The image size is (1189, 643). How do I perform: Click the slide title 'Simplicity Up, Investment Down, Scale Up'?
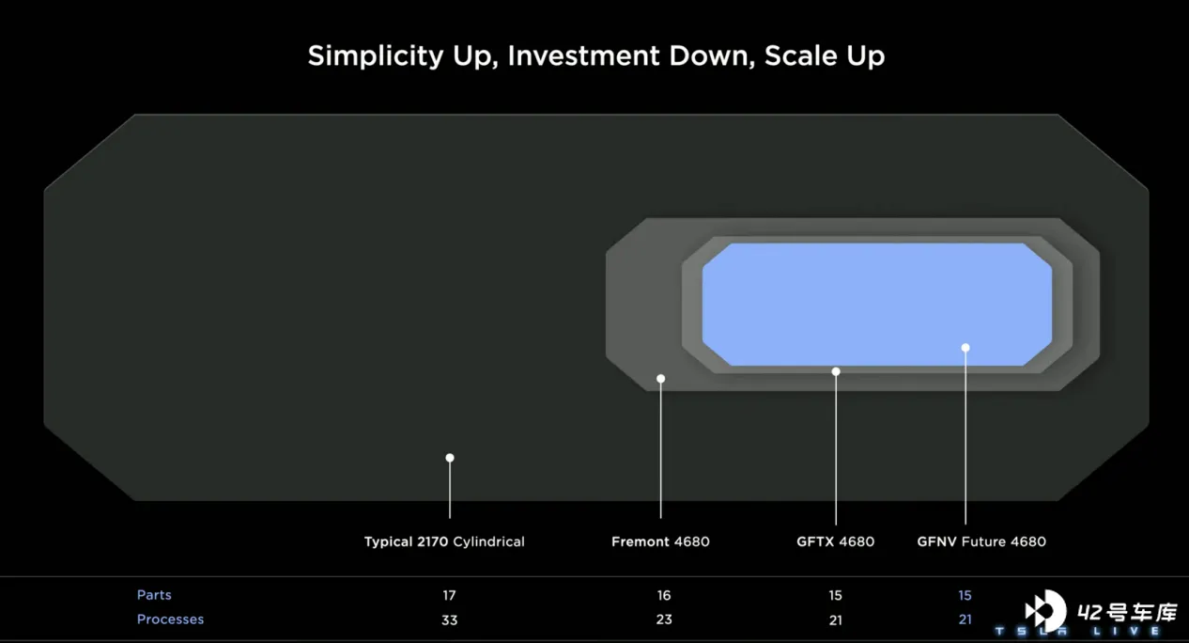pos(596,55)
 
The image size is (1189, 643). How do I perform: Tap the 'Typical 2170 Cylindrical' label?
pos(444,541)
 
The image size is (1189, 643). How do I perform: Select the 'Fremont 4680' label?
pos(660,541)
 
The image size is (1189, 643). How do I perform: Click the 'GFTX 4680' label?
pos(836,541)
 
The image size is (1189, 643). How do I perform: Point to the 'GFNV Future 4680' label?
pos(981,541)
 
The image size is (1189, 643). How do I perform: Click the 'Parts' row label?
pos(154,595)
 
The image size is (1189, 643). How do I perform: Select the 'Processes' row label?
pos(170,619)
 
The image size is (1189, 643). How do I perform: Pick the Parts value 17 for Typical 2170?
pos(449,595)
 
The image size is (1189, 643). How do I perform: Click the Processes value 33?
pos(450,620)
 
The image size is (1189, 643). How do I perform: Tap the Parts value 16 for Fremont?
pos(664,595)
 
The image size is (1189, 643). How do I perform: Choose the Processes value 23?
pos(664,619)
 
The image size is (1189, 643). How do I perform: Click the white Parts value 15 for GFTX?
pos(836,595)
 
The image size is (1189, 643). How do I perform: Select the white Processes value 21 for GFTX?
pos(836,620)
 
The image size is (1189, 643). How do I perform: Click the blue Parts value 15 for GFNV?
pos(965,595)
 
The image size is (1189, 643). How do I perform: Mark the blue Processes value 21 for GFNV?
pos(965,619)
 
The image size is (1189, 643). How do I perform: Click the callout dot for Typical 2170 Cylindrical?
pos(450,458)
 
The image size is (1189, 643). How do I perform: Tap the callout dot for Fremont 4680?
pos(661,378)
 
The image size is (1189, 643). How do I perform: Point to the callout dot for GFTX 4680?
pos(836,371)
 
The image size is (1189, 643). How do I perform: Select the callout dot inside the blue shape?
pos(965,348)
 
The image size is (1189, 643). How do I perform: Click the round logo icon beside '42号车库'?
pos(1045,612)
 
